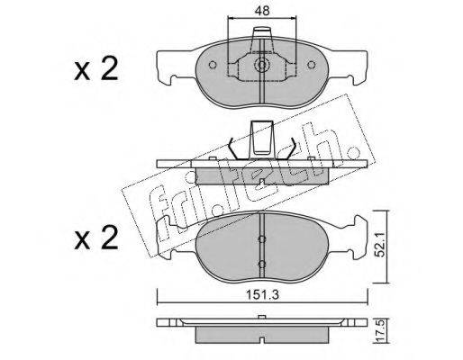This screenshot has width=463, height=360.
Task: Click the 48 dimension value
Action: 262,11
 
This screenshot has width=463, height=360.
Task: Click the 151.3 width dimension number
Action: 262,295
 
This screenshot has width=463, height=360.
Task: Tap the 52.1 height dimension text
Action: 381,246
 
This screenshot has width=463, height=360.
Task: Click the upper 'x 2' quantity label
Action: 95,69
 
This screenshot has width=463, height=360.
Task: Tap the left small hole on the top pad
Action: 213,65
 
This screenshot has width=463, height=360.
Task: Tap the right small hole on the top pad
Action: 312,65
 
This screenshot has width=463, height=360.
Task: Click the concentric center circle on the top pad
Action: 262,65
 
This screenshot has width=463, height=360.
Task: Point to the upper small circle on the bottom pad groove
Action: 262,238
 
